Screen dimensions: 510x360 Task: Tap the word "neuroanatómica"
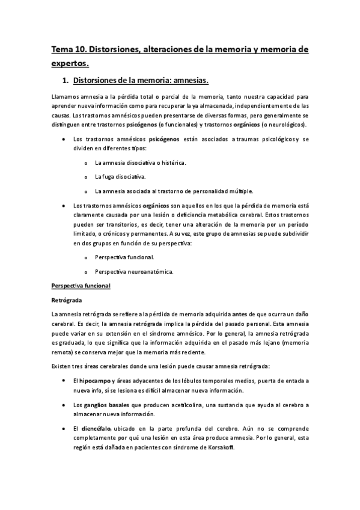(x=148, y=272)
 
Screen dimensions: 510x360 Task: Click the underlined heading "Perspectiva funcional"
(x=81, y=285)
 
